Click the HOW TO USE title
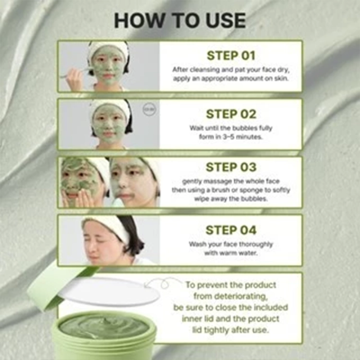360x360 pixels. click(180, 21)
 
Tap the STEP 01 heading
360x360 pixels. click(231, 56)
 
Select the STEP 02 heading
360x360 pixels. click(231, 114)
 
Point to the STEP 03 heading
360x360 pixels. click(231, 167)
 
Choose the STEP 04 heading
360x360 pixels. click(231, 230)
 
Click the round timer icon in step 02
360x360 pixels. click(149, 109)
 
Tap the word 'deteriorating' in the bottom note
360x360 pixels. click(230, 297)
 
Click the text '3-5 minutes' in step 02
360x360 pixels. click(242, 137)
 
